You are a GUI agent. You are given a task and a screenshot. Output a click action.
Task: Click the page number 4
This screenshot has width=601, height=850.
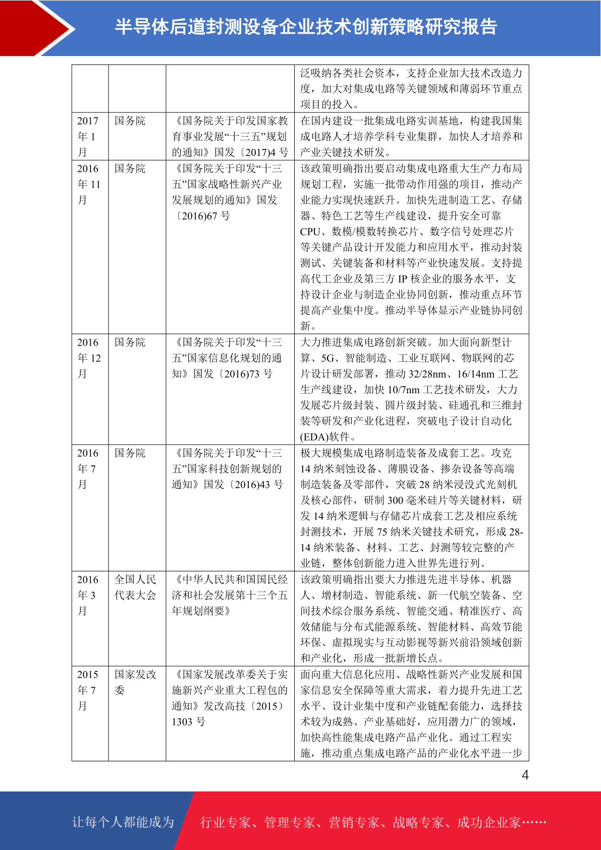(x=525, y=775)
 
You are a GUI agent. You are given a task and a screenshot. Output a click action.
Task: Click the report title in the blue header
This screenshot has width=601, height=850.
(x=306, y=27)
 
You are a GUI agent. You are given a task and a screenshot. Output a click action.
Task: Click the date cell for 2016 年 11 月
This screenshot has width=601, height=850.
(x=89, y=184)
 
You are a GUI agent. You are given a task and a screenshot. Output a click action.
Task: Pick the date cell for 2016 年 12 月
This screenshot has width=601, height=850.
(x=89, y=358)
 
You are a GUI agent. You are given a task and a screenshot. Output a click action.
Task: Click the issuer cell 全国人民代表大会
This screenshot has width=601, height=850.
(x=135, y=588)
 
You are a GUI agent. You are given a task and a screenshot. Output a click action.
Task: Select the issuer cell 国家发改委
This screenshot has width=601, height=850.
(x=135, y=682)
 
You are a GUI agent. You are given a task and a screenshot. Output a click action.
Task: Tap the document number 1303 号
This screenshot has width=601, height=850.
(x=188, y=722)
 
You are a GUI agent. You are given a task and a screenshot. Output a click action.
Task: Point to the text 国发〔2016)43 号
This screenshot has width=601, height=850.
(x=243, y=485)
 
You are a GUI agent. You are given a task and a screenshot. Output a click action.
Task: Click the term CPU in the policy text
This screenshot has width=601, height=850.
(x=310, y=232)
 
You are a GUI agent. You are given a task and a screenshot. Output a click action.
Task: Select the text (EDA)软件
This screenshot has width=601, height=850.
(x=327, y=437)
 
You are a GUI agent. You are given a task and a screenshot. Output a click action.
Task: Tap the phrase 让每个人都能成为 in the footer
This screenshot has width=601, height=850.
(x=123, y=822)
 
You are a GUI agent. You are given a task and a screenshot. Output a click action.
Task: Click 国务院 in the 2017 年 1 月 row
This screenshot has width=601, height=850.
(x=130, y=121)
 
